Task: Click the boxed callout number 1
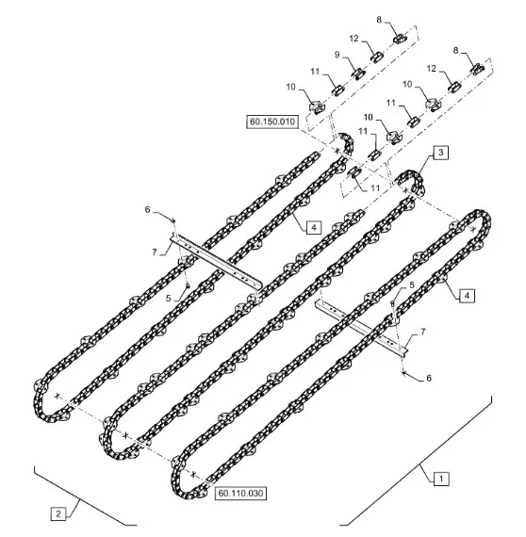(x=441, y=479)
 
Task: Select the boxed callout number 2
(x=58, y=513)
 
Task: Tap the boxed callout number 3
(x=441, y=153)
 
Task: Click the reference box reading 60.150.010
(x=272, y=122)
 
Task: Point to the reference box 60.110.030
(x=240, y=493)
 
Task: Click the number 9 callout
(x=337, y=55)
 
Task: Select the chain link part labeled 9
(x=358, y=73)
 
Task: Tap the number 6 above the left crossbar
(x=148, y=209)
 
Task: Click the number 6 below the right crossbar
(x=429, y=378)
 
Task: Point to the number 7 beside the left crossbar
(x=155, y=252)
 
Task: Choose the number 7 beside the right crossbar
(x=423, y=332)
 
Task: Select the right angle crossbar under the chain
(x=362, y=329)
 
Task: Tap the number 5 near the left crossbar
(x=168, y=299)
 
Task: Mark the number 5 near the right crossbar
(x=412, y=285)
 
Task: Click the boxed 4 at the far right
(x=467, y=296)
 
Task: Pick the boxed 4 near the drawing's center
(x=314, y=227)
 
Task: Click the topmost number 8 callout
(x=379, y=20)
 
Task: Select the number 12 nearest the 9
(x=354, y=39)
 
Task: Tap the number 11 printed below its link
(x=375, y=187)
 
